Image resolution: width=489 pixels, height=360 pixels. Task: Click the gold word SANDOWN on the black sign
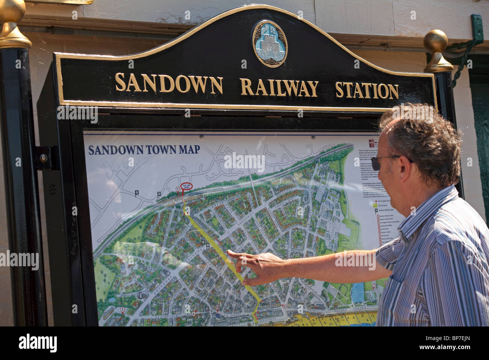click(169, 83)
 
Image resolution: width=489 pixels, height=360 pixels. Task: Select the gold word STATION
click(366, 91)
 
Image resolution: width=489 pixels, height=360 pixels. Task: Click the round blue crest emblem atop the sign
click(269, 44)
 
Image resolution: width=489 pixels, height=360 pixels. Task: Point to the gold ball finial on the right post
click(436, 42)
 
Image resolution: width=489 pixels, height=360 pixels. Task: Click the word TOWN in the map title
click(160, 149)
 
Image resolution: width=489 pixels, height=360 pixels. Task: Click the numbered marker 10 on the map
click(217, 308)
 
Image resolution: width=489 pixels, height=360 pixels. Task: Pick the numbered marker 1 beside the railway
click(178, 189)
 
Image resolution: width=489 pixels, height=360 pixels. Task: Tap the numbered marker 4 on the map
click(194, 313)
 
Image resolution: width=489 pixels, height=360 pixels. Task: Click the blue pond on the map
click(358, 293)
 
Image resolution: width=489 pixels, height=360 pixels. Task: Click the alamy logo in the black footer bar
click(38, 343)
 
